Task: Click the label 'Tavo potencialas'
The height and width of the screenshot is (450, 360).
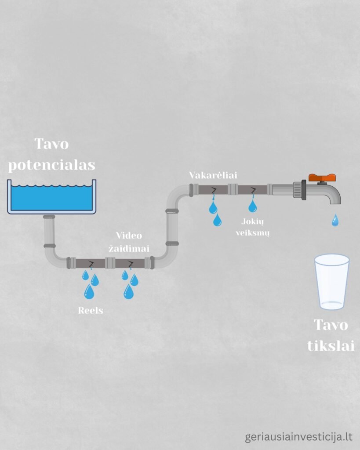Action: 52,154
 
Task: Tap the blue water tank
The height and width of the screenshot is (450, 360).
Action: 51,197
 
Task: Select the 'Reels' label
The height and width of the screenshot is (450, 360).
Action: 91,310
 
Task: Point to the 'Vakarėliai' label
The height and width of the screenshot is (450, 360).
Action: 213,175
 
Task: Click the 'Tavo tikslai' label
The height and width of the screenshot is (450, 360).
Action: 331,335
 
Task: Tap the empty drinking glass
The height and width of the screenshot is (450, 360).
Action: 332,281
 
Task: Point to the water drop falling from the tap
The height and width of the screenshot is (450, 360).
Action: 335,220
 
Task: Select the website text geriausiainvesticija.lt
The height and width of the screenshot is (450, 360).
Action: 299,437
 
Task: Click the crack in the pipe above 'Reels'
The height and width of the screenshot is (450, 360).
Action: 91,264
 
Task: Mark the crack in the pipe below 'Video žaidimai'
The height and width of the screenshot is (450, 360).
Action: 131,264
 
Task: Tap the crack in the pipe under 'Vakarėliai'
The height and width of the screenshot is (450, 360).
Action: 214,190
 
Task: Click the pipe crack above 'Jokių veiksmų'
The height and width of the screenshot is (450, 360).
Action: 253,190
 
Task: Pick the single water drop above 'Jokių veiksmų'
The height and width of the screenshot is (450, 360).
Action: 252,206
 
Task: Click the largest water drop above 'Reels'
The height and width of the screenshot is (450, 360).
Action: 89,291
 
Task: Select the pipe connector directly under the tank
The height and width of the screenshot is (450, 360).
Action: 49,217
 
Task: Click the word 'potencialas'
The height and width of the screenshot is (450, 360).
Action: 52,165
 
